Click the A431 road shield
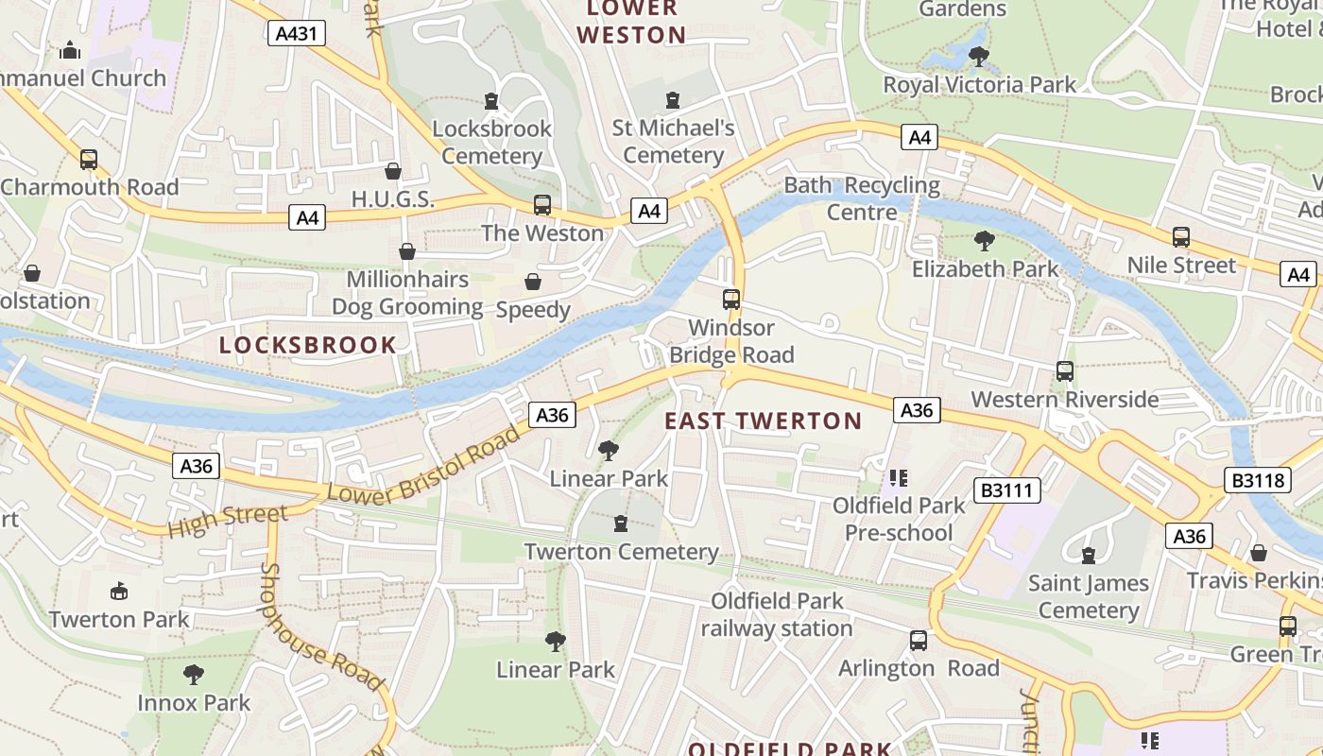point(297,34)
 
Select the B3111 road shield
point(1007,490)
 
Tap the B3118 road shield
point(1260,480)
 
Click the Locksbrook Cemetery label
point(491,142)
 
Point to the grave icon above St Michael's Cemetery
point(673,99)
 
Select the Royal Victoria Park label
point(979,85)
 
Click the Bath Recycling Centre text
point(862,198)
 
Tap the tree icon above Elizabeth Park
point(984,241)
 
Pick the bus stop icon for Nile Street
point(1181,237)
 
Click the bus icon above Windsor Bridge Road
point(731,300)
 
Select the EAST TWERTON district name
point(764,421)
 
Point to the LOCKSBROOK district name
point(308,345)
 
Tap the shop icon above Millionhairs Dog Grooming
point(407,251)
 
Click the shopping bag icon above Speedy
point(533,282)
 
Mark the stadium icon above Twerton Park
point(119,592)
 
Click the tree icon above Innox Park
point(194,675)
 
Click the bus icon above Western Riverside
point(1065,371)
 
